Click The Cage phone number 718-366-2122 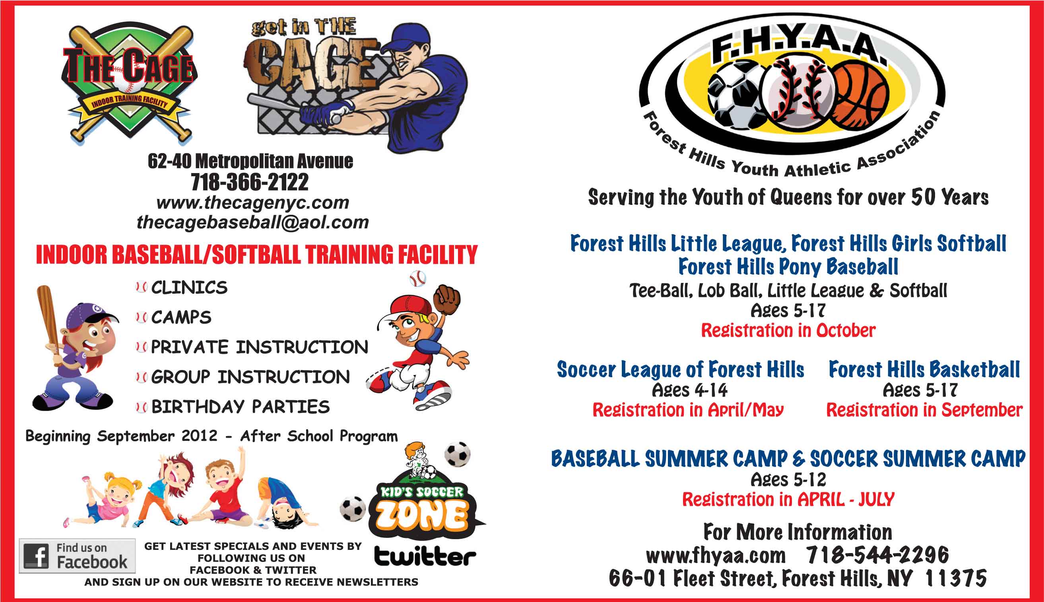[250, 182]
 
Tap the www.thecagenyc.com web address [253, 203]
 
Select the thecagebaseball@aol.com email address [253, 222]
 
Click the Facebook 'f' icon [36, 556]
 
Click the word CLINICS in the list [189, 288]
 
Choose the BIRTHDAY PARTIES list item [241, 407]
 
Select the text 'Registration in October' [788, 330]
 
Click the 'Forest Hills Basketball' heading [924, 369]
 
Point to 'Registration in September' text [924, 410]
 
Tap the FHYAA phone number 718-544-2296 [878, 555]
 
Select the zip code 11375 [956, 578]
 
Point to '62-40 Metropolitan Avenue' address [250, 161]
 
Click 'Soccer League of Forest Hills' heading [681, 369]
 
